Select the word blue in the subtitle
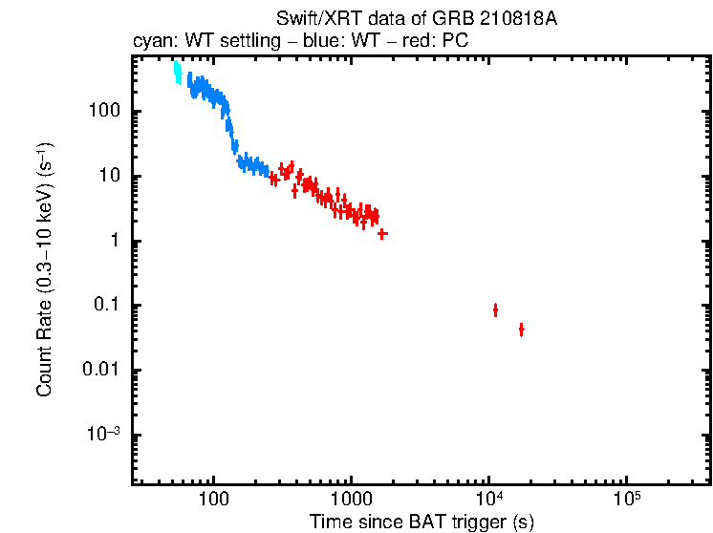[312, 42]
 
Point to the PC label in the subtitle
[455, 42]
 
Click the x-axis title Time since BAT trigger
[421, 522]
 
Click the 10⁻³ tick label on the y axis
[104, 435]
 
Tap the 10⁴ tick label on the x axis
[488, 499]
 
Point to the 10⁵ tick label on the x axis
[626, 499]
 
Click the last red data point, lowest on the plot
[521, 330]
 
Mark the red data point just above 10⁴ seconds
[495, 309]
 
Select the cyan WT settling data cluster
[178, 74]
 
